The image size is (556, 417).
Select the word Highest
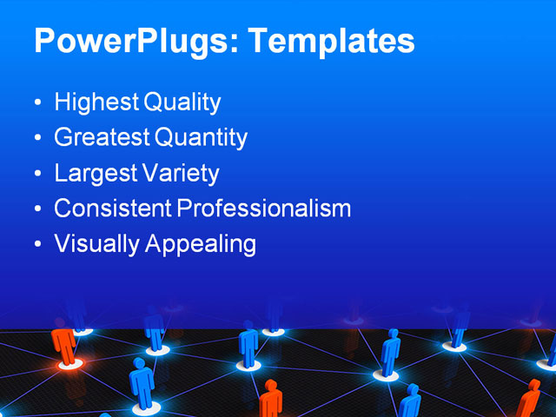96,103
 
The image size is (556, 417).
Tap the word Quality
182,103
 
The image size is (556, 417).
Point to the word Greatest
102,137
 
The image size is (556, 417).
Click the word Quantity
201,137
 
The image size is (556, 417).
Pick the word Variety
180,173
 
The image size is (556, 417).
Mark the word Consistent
113,208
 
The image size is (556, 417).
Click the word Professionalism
264,208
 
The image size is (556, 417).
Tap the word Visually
96,244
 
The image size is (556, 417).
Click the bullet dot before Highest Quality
36,103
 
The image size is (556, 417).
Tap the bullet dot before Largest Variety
36,174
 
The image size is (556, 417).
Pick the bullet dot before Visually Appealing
36,245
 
